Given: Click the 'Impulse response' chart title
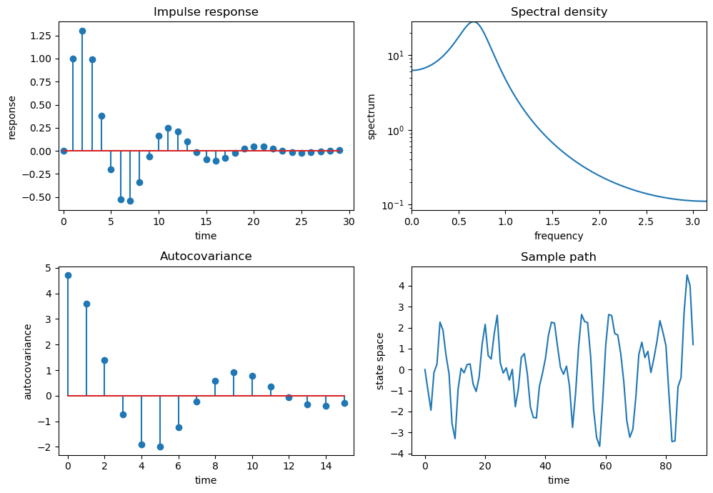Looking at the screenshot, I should [x=206, y=12].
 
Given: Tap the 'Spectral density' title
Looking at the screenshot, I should [x=559, y=12].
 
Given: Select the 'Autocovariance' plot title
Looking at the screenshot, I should [x=206, y=256].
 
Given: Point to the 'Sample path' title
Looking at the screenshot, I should [x=559, y=257].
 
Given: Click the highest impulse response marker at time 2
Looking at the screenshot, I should [x=82, y=31].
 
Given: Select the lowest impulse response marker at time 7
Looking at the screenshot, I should [x=130, y=201].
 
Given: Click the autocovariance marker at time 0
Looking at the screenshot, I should [x=68, y=275].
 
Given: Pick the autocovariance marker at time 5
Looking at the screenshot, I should [x=160, y=447].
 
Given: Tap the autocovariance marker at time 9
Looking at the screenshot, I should [x=234, y=372].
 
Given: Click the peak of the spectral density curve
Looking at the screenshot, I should [x=474, y=21].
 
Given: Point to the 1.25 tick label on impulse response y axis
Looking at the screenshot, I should [x=40, y=36].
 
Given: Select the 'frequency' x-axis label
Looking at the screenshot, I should [x=559, y=236].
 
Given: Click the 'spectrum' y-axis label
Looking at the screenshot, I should [x=372, y=116].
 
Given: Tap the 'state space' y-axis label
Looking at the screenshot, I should [x=381, y=361].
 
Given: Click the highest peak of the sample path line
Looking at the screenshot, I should [x=687, y=275].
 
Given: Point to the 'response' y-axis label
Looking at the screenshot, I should [x=12, y=116].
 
